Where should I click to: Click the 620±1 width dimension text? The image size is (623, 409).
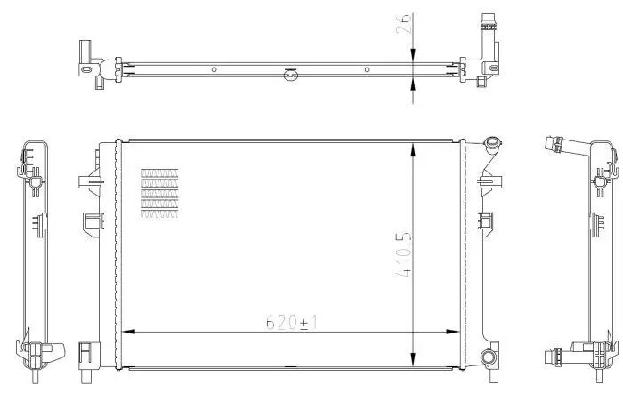point(292,323)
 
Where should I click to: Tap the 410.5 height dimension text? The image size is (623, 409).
point(404,254)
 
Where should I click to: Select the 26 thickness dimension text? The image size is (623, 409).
point(404,24)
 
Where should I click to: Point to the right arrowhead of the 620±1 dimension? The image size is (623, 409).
point(453,331)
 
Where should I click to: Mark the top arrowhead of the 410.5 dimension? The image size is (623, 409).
point(414,151)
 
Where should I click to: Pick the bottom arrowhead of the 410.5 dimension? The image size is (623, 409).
point(414,359)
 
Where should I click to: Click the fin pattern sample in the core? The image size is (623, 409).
point(159,193)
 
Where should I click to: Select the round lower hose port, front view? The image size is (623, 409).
point(488,357)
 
